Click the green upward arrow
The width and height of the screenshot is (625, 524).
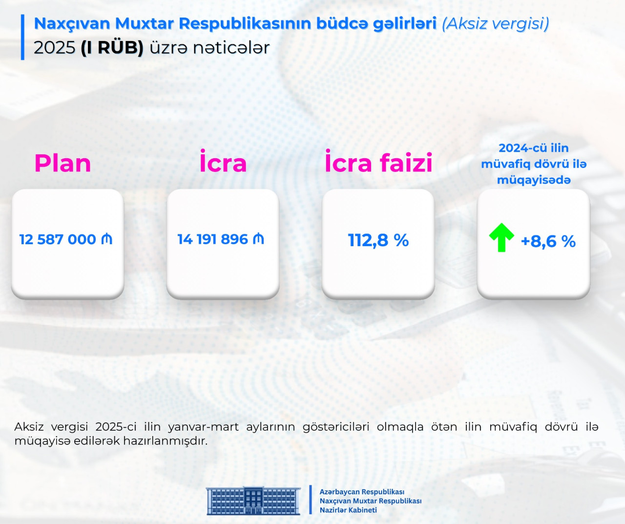501,237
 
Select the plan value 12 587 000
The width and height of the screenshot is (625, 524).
58,240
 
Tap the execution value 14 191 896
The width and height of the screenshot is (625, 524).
213,239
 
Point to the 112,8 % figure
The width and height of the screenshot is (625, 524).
378,240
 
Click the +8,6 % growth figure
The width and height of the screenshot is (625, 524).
548,241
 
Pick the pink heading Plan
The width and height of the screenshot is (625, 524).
62,164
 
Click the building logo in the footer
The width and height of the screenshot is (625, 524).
253,501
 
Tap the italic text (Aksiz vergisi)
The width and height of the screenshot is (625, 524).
496,23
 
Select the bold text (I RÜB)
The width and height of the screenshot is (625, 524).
112,48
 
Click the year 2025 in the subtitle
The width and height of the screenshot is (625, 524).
55,48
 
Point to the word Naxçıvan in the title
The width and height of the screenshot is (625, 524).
72,23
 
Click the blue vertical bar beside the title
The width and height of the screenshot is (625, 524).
22,37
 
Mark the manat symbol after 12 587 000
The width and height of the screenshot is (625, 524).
106,240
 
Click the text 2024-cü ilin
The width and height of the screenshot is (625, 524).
534,148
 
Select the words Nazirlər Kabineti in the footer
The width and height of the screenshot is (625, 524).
348,510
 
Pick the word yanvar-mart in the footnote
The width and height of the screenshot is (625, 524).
203,427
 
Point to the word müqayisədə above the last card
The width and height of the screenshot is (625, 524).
534,180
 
